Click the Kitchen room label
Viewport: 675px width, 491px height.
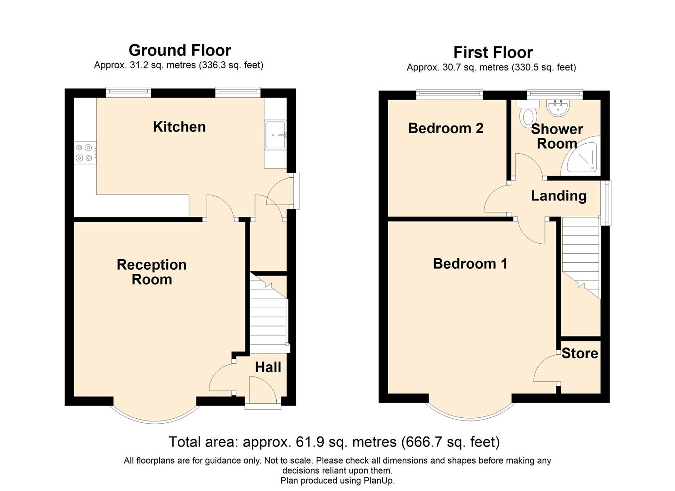pyautogui.click(x=179, y=127)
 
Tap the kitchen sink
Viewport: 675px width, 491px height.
pyautogui.click(x=275, y=135)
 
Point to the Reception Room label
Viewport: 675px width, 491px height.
pyautogui.click(x=151, y=272)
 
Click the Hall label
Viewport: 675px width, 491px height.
pyautogui.click(x=268, y=367)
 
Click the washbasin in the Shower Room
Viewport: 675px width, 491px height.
pyautogui.click(x=558, y=108)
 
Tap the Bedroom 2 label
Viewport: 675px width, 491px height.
pyautogui.click(x=445, y=128)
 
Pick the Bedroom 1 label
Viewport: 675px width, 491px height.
pyautogui.click(x=470, y=264)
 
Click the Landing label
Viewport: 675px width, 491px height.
pyautogui.click(x=559, y=196)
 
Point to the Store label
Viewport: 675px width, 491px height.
pyautogui.click(x=580, y=353)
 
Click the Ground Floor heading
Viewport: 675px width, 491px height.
pyautogui.click(x=180, y=50)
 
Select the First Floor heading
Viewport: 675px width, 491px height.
pyautogui.click(x=493, y=52)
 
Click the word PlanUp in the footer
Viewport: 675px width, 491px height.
pyautogui.click(x=378, y=480)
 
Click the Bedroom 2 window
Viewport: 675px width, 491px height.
pyautogui.click(x=449, y=95)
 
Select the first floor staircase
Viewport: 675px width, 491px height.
pyautogui.click(x=580, y=258)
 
